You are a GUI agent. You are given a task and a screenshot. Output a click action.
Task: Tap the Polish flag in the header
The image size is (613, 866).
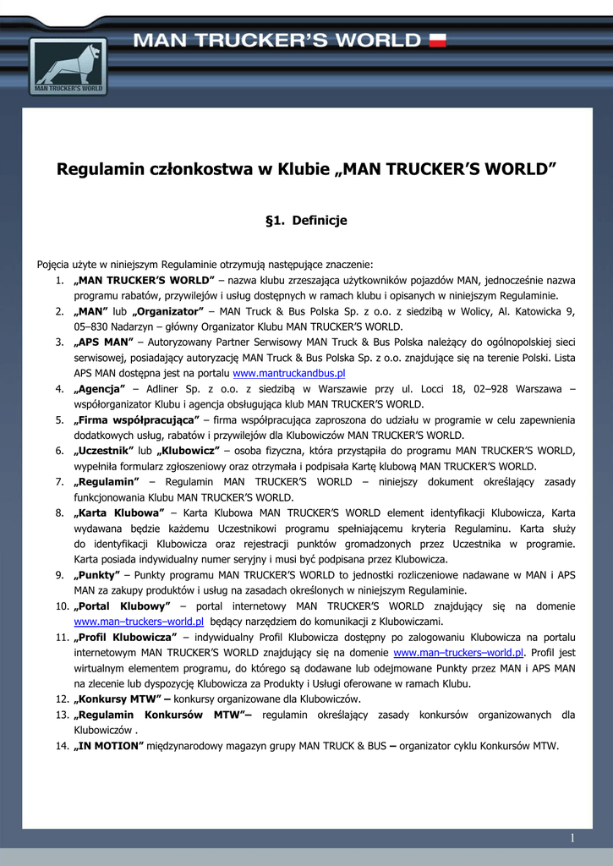pyautogui.click(x=437, y=40)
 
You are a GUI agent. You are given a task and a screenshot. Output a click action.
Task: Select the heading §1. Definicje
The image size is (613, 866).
pyautogui.click(x=306, y=221)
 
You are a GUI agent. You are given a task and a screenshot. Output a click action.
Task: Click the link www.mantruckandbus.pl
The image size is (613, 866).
pyautogui.click(x=289, y=373)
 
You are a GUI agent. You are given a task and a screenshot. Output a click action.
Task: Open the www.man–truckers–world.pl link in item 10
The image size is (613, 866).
pyautogui.click(x=139, y=621)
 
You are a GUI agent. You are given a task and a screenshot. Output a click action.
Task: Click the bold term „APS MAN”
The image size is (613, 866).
pyautogui.click(x=104, y=342)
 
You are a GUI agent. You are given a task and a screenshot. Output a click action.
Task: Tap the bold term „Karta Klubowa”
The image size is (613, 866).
pyautogui.click(x=118, y=512)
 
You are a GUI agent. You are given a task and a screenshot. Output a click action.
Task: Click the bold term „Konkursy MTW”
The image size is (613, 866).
pyautogui.click(x=119, y=699)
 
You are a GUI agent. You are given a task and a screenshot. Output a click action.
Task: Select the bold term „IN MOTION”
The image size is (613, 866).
pyautogui.click(x=109, y=746)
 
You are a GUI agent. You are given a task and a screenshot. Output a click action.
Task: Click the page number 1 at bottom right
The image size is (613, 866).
pyautogui.click(x=572, y=838)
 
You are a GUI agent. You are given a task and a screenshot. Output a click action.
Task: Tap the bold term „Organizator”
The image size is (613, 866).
pyautogui.click(x=168, y=311)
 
